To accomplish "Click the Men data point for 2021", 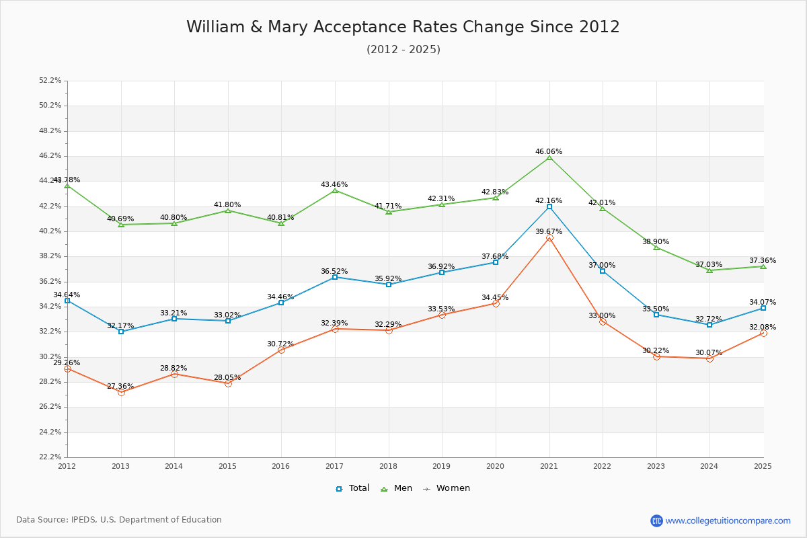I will tap(549, 157).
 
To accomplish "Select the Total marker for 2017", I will tap(335, 277).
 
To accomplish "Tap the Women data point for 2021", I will tap(549, 237).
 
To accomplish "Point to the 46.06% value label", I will tap(549, 152).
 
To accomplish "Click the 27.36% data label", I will tap(120, 387).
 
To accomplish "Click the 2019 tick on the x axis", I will tap(442, 465).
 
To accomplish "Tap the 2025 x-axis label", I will tap(763, 465).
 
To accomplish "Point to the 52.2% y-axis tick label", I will tap(50, 81).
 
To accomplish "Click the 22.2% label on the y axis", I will tap(50, 457).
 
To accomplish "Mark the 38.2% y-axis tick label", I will tap(50, 256).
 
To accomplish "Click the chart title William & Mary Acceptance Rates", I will tap(403, 27).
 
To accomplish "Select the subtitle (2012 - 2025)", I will tap(403, 49).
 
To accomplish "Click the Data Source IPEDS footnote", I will tap(119, 520).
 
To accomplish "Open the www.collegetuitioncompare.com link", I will tap(728, 521).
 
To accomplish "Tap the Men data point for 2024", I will tap(709, 270).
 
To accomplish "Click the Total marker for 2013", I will tap(121, 332).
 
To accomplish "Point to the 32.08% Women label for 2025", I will tap(763, 328).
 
